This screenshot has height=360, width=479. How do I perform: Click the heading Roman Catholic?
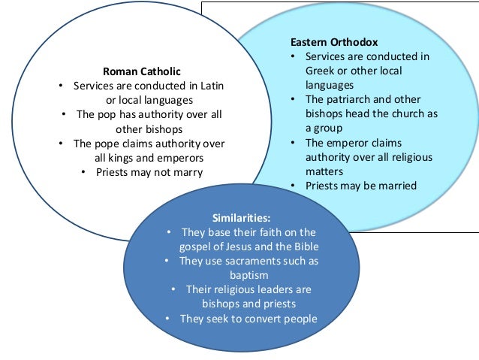(x=142, y=71)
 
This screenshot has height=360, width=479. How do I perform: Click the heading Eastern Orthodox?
(x=335, y=42)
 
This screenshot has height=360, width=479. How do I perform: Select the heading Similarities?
(x=241, y=217)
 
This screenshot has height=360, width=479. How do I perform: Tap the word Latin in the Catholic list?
(x=212, y=86)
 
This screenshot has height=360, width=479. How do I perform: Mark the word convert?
(x=253, y=318)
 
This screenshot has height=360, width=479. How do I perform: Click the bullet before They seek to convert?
(x=168, y=318)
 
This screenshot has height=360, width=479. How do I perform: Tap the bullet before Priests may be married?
(x=294, y=186)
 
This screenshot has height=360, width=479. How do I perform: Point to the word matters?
(x=324, y=171)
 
